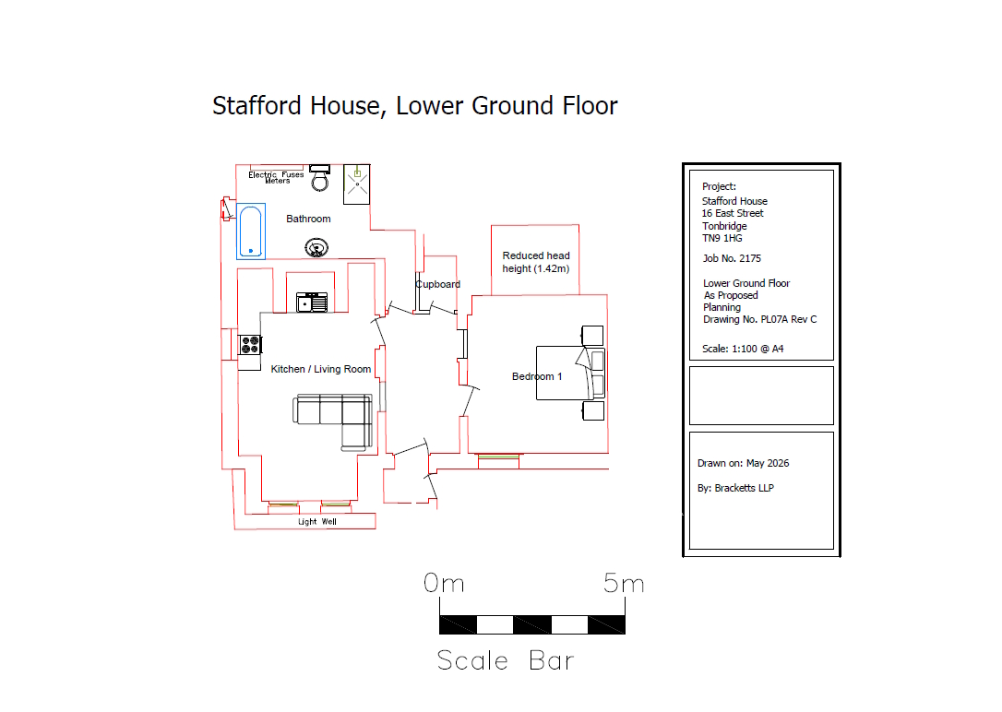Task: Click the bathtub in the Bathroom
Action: coord(251,231)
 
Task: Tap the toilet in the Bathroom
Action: coord(319,178)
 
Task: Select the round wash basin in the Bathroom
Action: coord(316,247)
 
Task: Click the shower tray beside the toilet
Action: coord(356,184)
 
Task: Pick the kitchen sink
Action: coord(312,302)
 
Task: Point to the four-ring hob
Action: coord(250,345)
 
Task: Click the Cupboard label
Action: coord(437,284)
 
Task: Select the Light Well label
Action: coord(317,522)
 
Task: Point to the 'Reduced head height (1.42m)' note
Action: coord(535,262)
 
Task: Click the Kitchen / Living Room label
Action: coord(321,369)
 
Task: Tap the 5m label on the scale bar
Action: coord(624,583)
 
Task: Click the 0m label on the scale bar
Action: coord(444,583)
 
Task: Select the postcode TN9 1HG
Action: coord(722,238)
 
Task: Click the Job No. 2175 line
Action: coord(732,258)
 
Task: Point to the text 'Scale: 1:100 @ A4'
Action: coord(743,349)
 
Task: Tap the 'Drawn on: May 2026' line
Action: coord(743,463)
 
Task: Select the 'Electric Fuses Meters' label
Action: coord(276,177)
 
